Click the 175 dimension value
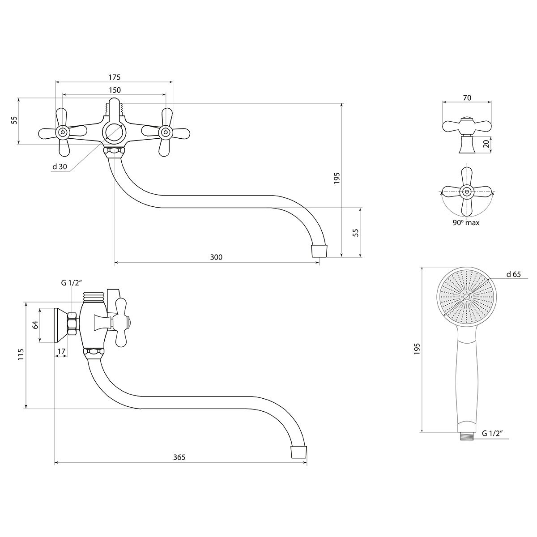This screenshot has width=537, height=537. coord(115,77)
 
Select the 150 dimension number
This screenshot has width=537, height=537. coord(115,90)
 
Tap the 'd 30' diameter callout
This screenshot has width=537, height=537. coord(60,166)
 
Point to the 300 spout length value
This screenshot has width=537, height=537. coord(216,257)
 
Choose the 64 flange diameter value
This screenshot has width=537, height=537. coord(35,324)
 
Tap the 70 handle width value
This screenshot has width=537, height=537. coord(467,98)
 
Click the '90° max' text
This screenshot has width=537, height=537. coord(466,223)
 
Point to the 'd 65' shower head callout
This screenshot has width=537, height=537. coord(514,274)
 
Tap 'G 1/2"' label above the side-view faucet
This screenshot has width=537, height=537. coord(71,283)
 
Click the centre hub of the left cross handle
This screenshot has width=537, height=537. coord(62,132)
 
